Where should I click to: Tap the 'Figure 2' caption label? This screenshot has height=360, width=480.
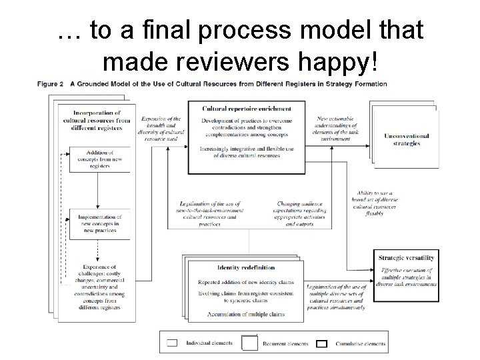(x=54, y=85)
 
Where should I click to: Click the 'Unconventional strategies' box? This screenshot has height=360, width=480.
(x=401, y=139)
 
